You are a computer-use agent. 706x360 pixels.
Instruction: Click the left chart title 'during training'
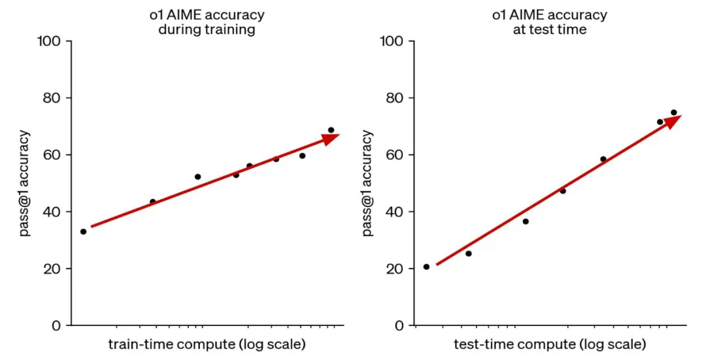tap(206, 29)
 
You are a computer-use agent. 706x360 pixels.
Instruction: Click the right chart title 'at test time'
tap(549, 29)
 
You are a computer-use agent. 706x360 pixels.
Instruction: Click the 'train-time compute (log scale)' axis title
tap(207, 344)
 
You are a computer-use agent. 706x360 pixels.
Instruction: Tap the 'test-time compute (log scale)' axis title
tap(550, 344)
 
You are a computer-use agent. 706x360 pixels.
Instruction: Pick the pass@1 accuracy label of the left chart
tap(24, 184)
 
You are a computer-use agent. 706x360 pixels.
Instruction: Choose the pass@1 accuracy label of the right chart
tap(367, 184)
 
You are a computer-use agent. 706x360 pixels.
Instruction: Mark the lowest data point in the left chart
tap(83, 231)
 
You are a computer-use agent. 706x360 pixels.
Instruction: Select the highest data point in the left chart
tap(331, 130)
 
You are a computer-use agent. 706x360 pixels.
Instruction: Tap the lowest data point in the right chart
tap(426, 267)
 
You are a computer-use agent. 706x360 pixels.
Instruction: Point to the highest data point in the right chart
tap(673, 112)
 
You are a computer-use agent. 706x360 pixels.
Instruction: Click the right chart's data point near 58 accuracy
tap(603, 159)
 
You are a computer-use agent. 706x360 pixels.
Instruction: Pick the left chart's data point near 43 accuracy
tap(153, 202)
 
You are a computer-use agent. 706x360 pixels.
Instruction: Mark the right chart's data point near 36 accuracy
tap(525, 221)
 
